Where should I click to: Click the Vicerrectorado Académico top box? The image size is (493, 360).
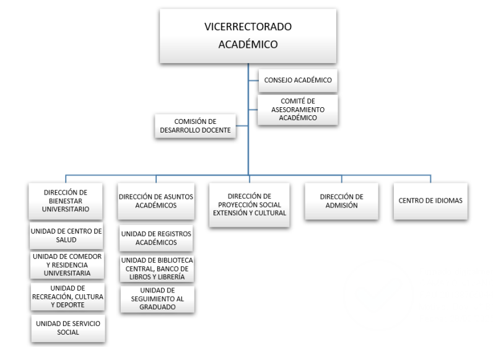click(248, 36)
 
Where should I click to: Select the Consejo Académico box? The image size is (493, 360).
click(297, 81)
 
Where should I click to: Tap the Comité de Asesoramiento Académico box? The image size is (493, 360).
click(297, 109)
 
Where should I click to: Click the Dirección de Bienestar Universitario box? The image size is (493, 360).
click(67, 201)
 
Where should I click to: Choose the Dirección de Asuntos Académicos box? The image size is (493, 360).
click(155, 201)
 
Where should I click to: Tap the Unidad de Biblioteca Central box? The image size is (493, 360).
click(155, 268)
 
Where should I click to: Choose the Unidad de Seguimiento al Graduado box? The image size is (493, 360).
click(155, 299)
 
